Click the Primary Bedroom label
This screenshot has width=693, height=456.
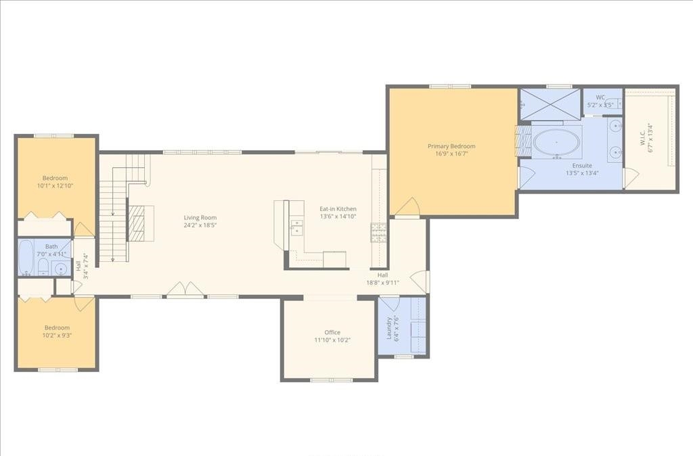(x=451, y=146)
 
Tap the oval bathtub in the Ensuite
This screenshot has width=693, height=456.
(x=556, y=143)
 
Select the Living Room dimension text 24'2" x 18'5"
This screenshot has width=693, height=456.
(x=200, y=227)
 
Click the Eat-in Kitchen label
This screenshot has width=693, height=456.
(x=338, y=209)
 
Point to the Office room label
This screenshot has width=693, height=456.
(x=332, y=332)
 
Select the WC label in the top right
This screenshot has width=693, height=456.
(x=600, y=97)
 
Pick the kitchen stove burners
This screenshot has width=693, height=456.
(x=378, y=232)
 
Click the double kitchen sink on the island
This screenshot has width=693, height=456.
(x=296, y=226)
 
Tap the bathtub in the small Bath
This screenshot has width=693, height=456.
(x=26, y=258)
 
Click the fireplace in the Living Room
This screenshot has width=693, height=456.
(x=137, y=223)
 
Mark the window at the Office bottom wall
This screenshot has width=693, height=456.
(x=331, y=380)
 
